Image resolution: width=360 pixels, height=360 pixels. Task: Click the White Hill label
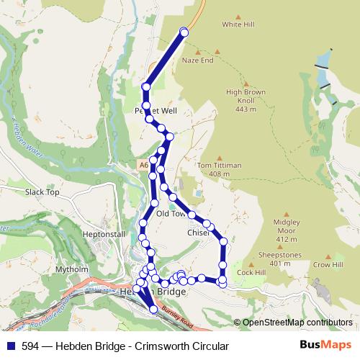pos(238,24)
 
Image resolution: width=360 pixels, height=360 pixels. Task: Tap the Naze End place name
pos(198,60)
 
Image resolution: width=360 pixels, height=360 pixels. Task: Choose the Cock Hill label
pos(251,273)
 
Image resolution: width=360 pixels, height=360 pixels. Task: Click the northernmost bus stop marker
pos(184,31)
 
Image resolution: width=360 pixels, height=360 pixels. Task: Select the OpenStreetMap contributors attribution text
pos(297,322)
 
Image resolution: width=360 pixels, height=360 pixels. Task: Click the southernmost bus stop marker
pos(153,310)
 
